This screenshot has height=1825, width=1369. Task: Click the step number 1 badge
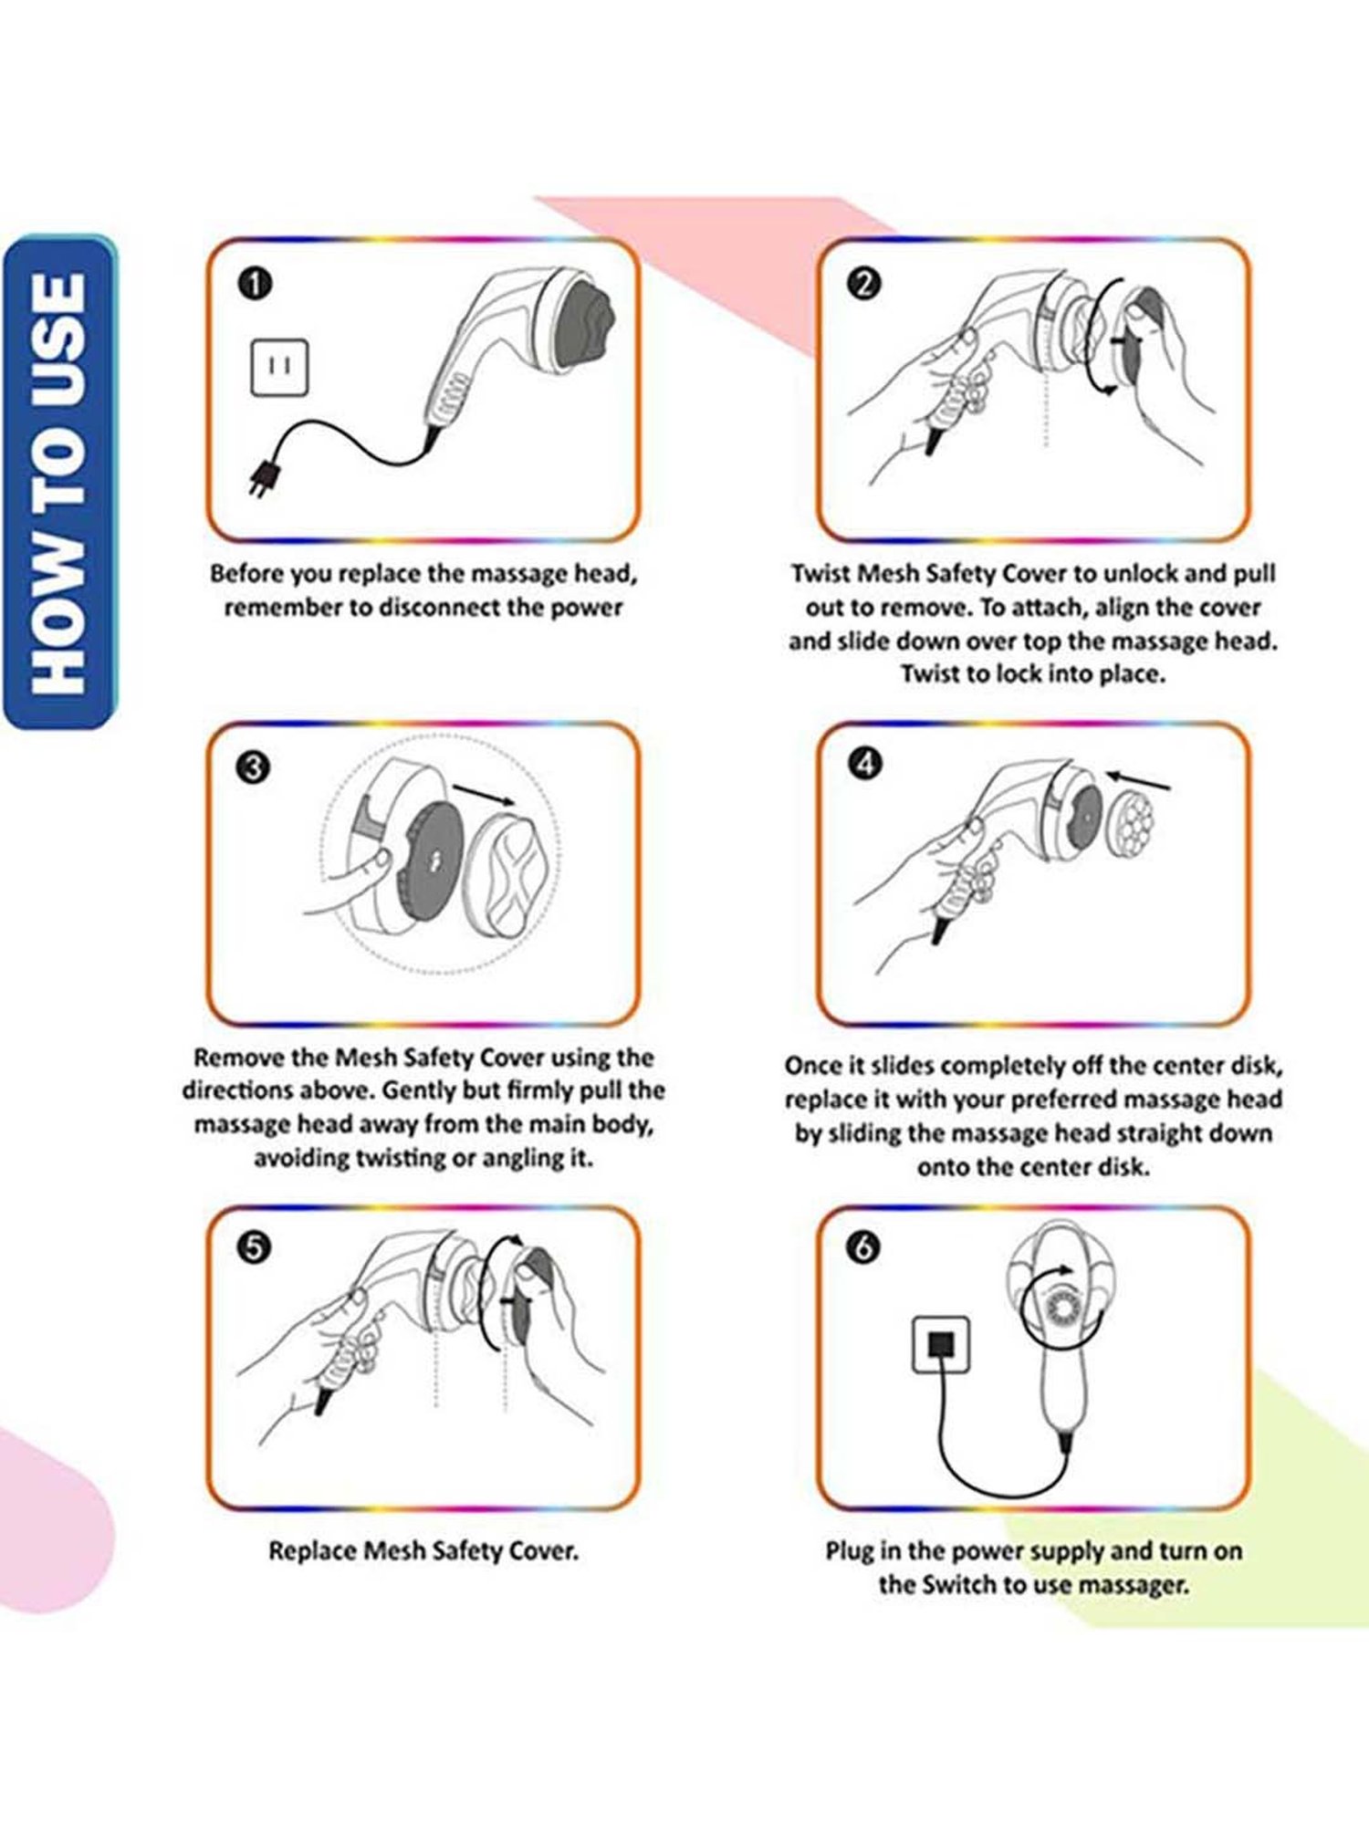(x=256, y=284)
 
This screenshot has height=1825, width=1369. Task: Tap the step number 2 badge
(x=864, y=284)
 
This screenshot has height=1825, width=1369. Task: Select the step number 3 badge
(x=255, y=766)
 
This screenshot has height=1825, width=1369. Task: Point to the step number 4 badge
(x=864, y=764)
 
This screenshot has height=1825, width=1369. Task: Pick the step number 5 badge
(x=255, y=1247)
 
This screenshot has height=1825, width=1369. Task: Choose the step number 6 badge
(x=864, y=1247)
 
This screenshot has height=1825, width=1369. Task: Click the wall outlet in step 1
(x=279, y=368)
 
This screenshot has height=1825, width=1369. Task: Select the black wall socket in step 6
(x=941, y=1345)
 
